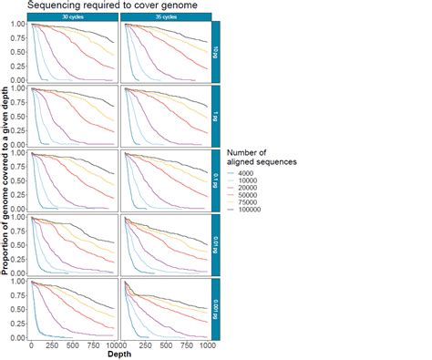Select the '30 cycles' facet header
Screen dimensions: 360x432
(75, 16)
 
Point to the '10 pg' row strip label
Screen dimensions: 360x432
(215, 51)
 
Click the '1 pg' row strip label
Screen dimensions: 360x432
(215, 117)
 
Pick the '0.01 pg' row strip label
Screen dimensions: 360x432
(215, 245)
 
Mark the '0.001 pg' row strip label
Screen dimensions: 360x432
(215, 310)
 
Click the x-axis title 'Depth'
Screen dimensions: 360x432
(119, 354)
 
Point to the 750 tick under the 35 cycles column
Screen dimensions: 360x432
(186, 346)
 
